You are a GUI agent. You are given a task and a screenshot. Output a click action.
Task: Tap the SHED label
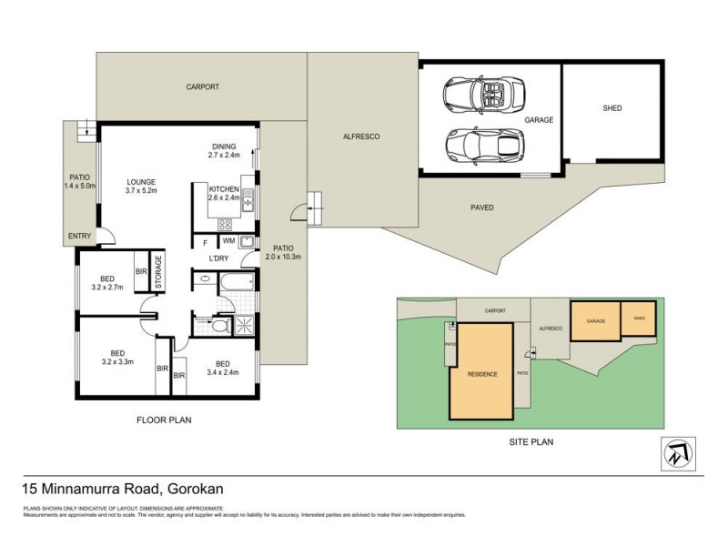pyautogui.click(x=612, y=108)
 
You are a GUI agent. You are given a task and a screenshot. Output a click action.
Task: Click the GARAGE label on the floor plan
pyautogui.click(x=539, y=119)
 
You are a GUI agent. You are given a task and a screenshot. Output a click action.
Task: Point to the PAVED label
pyautogui.click(x=481, y=207)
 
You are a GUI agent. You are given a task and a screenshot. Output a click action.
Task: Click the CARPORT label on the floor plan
pyautogui.click(x=203, y=87)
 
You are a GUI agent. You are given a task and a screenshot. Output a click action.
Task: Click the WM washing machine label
pyautogui.click(x=227, y=241)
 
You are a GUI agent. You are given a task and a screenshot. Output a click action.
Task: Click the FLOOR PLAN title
pyautogui.click(x=164, y=420)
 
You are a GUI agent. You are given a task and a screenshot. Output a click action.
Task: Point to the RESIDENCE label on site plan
pyautogui.click(x=481, y=374)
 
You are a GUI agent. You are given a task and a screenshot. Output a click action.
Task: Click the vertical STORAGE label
pyautogui.click(x=157, y=272)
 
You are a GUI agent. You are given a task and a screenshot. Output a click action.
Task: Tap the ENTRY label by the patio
pyautogui.click(x=79, y=237)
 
